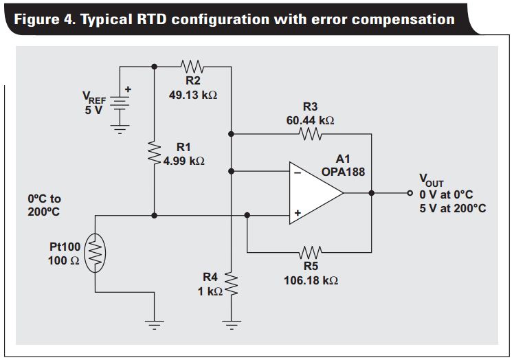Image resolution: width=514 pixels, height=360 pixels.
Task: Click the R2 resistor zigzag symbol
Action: (192, 67)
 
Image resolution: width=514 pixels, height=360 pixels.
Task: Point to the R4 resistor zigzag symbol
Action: (232, 282)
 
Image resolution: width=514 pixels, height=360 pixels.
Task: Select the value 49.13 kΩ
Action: (193, 95)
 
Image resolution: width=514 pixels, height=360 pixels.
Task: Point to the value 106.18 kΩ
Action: (311, 280)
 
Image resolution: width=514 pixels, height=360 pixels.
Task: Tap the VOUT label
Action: (431, 180)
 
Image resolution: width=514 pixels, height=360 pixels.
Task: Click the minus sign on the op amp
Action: (298, 173)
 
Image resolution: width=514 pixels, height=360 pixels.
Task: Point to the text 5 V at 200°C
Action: (452, 207)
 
